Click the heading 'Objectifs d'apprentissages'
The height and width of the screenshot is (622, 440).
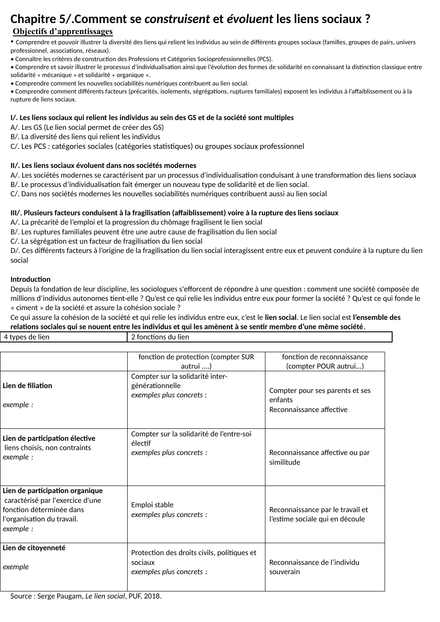(62, 31)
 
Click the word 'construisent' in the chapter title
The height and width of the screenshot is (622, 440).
(177, 19)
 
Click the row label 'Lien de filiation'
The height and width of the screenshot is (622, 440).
(27, 385)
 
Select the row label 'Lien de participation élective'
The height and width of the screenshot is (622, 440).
(49, 438)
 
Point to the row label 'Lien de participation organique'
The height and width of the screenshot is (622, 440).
(53, 490)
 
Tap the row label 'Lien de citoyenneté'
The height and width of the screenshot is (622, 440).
(34, 548)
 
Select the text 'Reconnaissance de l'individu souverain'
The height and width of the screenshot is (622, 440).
(314, 567)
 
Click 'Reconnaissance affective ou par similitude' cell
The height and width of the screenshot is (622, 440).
(319, 457)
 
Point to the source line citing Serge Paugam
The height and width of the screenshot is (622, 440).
(86, 596)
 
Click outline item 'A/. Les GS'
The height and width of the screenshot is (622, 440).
(87, 127)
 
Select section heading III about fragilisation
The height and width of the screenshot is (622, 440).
(174, 213)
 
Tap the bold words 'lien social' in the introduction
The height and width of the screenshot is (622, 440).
(280, 317)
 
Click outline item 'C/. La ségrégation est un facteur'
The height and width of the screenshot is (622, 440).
(106, 241)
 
